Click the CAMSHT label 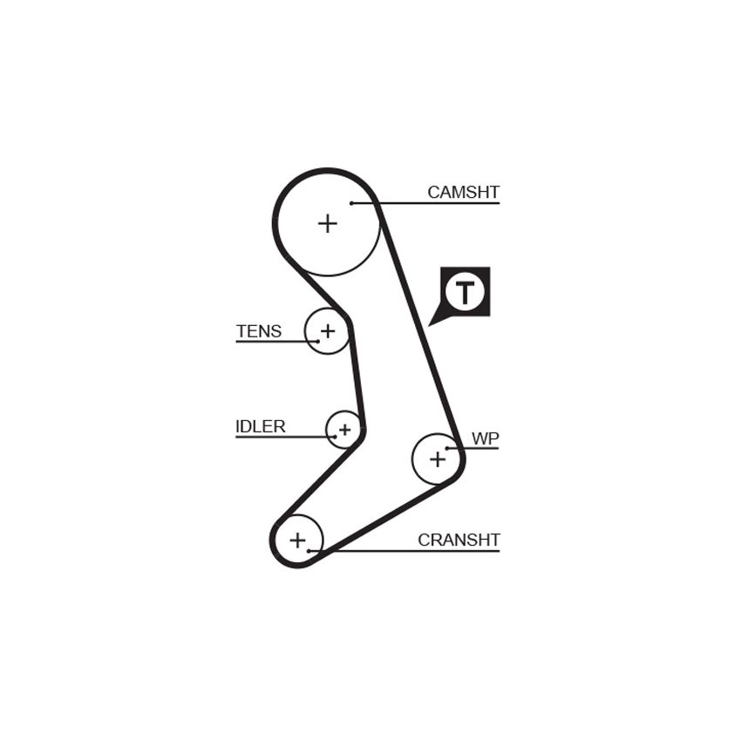pyautogui.click(x=463, y=193)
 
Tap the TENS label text pyautogui.click(x=259, y=331)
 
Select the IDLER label pyautogui.click(x=261, y=427)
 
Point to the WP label pyautogui.click(x=485, y=438)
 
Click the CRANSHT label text pyautogui.click(x=459, y=540)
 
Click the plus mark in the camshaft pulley pyautogui.click(x=328, y=223)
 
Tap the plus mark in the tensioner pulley pyautogui.click(x=328, y=330)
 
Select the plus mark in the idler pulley pyautogui.click(x=345, y=430)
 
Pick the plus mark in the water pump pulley pyautogui.click(x=438, y=459)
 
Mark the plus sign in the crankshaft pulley pyautogui.click(x=298, y=540)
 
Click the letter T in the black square pyautogui.click(x=465, y=293)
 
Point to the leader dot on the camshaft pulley pyautogui.click(x=351, y=203)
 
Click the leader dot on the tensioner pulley pyautogui.click(x=318, y=341)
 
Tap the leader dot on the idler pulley pyautogui.click(x=335, y=437)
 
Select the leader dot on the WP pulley pyautogui.click(x=447, y=448)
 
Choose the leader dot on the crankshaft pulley pyautogui.click(x=309, y=551)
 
